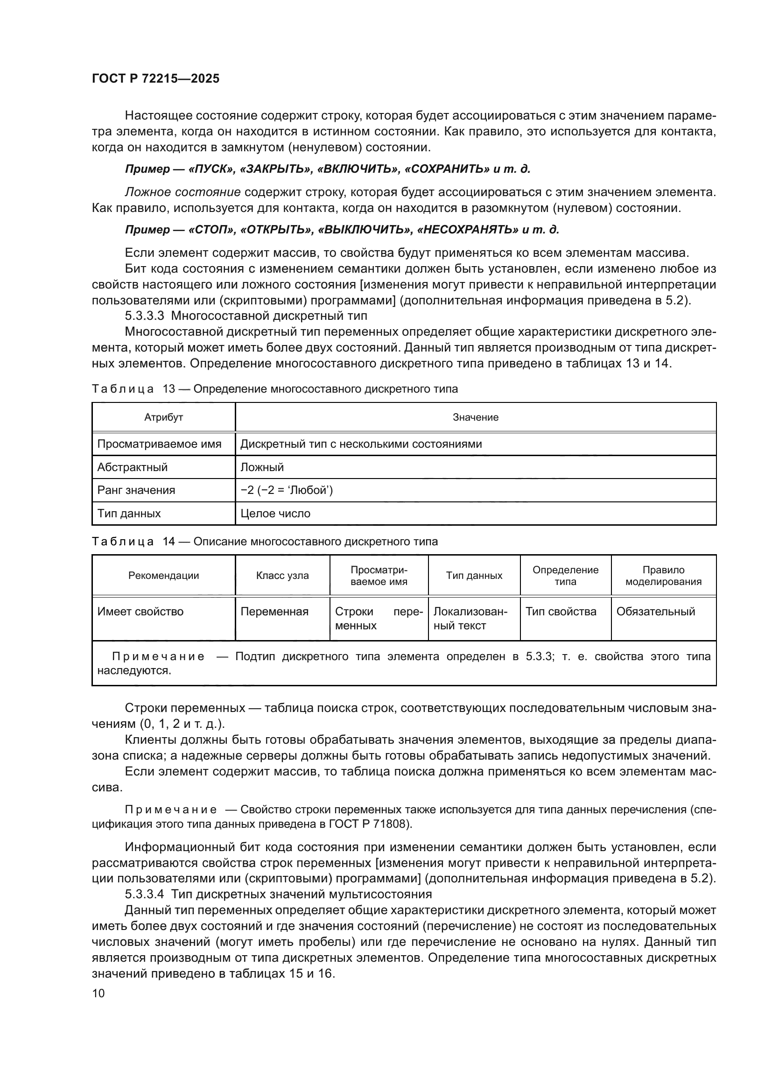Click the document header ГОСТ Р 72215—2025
click(155, 79)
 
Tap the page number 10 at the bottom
click(98, 993)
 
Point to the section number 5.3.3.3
click(145, 316)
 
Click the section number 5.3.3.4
click(145, 894)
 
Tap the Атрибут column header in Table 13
click(163, 417)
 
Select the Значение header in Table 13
click(475, 417)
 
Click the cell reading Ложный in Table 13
click(262, 467)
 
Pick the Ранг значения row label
click(136, 490)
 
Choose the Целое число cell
click(275, 514)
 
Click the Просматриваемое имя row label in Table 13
click(159, 444)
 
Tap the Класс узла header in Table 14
click(282, 576)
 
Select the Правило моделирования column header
click(663, 576)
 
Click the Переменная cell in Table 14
click(274, 612)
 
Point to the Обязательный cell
click(655, 612)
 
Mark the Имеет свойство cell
click(140, 612)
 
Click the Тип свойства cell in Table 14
click(561, 612)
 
